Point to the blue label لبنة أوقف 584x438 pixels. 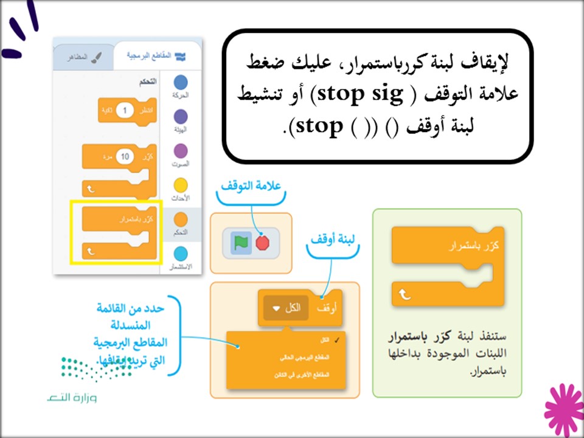332,239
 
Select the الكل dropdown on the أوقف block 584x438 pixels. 287,308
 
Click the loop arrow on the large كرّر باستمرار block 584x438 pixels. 405,295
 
